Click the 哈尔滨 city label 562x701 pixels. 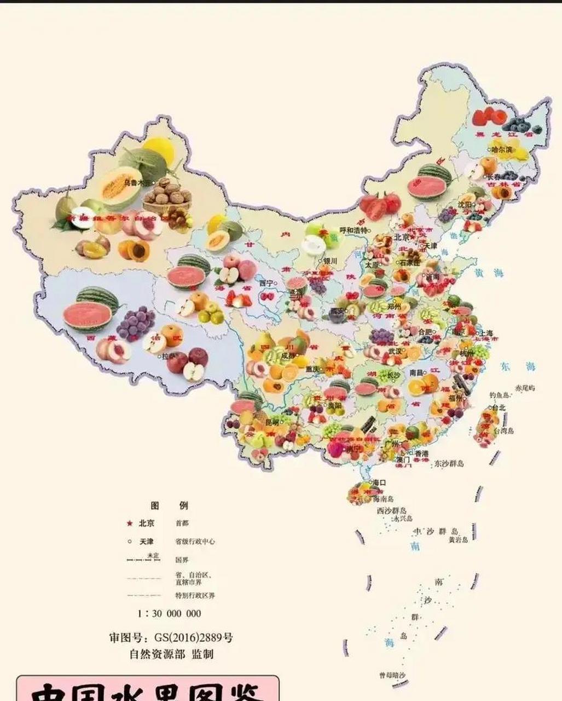[x=502, y=149]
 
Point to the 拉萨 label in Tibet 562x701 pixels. [x=169, y=356]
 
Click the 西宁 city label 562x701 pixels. [x=266, y=283]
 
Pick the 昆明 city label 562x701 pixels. [x=272, y=422]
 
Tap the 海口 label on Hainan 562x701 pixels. [x=379, y=483]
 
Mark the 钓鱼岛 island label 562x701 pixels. [x=500, y=395]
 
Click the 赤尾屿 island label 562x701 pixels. [x=525, y=388]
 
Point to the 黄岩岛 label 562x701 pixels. [x=459, y=539]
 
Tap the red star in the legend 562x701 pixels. [x=130, y=523]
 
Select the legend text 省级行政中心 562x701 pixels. [x=195, y=541]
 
